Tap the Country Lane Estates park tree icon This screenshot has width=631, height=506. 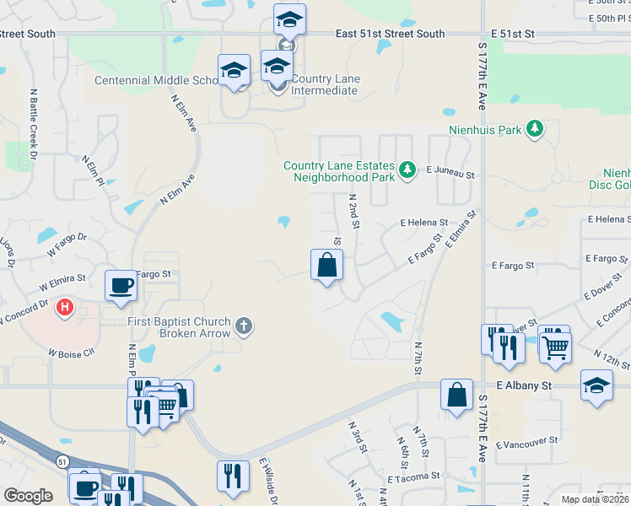(407, 171)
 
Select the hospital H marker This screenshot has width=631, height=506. (64, 308)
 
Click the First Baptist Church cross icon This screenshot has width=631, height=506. (244, 325)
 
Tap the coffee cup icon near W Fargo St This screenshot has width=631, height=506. (121, 284)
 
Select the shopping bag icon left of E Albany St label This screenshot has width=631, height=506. (456, 395)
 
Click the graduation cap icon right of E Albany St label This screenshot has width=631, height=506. (597, 385)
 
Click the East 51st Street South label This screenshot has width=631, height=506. (390, 34)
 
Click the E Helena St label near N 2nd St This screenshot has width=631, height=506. (423, 223)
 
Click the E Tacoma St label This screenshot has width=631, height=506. (413, 476)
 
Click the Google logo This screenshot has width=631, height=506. (29, 495)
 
